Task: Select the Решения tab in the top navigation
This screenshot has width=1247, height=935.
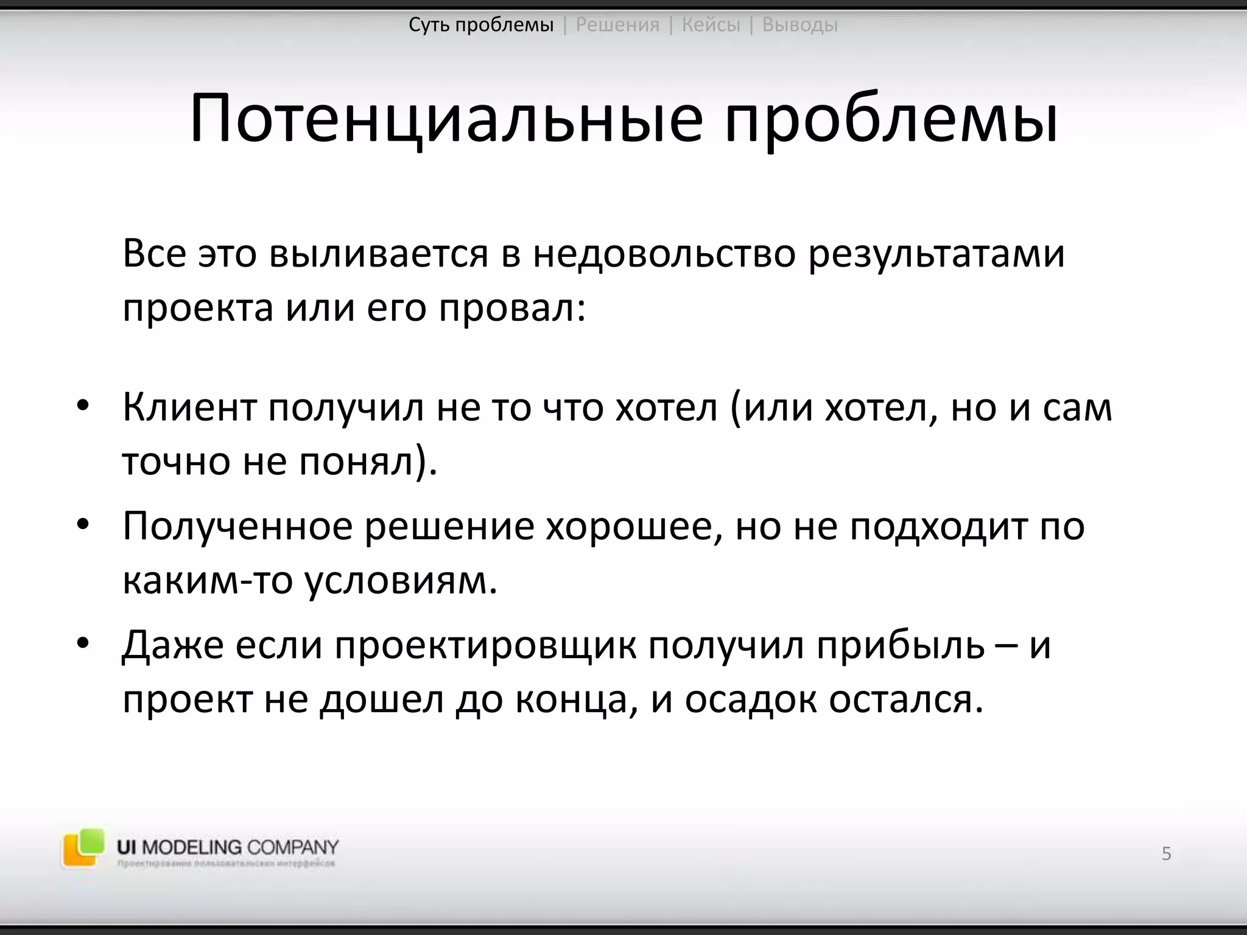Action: tap(617, 25)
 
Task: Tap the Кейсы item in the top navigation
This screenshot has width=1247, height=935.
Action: tap(711, 25)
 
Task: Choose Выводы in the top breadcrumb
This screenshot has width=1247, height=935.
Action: tap(799, 25)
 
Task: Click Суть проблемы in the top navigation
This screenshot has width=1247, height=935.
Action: tap(481, 25)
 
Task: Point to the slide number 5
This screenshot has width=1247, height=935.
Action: tap(1166, 854)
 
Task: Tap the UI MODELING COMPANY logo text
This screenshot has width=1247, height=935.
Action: tap(228, 847)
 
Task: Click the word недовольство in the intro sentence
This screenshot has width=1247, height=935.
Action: tap(664, 254)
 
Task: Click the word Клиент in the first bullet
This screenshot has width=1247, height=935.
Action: tap(189, 407)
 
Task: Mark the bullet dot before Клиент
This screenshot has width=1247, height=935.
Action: tap(83, 407)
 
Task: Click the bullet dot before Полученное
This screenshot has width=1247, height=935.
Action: tap(83, 525)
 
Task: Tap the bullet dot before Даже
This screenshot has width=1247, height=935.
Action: tap(83, 643)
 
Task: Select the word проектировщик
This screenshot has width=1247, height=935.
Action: tap(485, 645)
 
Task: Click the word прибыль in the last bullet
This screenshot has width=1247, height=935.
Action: tap(901, 645)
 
